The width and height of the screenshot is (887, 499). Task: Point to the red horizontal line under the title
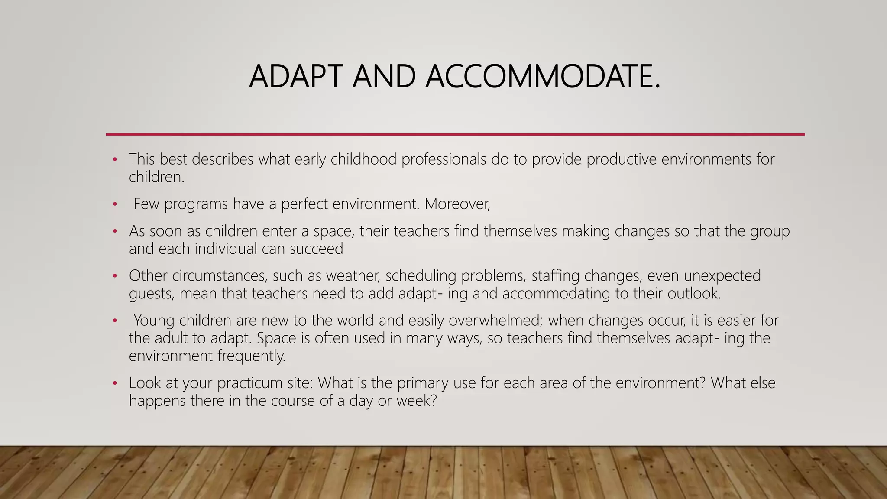[455, 134]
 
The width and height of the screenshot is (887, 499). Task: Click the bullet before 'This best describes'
[115, 160]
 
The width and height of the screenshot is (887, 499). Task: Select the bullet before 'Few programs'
[115, 204]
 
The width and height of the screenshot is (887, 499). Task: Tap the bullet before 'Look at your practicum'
[115, 383]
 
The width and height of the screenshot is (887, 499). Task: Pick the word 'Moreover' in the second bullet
[456, 204]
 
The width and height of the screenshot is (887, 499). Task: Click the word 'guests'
[151, 294]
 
